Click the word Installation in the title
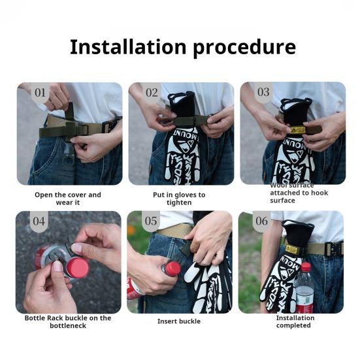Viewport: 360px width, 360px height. click(x=128, y=47)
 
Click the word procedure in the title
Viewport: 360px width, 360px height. click(x=244, y=48)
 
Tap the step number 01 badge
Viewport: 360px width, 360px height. click(x=40, y=93)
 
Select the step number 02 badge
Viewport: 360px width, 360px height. click(x=152, y=93)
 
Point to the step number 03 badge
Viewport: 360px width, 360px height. click(x=263, y=92)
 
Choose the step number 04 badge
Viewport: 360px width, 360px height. click(x=39, y=221)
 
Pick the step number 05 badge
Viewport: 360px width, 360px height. click(x=151, y=221)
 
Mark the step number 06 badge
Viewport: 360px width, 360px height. click(x=262, y=221)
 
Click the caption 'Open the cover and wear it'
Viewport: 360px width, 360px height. click(x=68, y=199)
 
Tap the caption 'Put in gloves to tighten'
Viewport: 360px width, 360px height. click(x=179, y=199)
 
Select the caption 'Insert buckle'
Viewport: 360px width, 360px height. click(x=179, y=321)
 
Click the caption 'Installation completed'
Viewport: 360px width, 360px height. click(x=295, y=321)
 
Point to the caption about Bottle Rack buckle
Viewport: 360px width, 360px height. click(x=68, y=321)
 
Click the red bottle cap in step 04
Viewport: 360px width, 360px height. click(x=77, y=268)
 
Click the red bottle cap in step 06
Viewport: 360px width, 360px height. click(x=306, y=267)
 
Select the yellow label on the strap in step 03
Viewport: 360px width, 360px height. click(x=297, y=130)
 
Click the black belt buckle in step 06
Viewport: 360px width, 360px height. click(x=334, y=249)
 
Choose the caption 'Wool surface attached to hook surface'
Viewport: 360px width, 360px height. click(x=299, y=193)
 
